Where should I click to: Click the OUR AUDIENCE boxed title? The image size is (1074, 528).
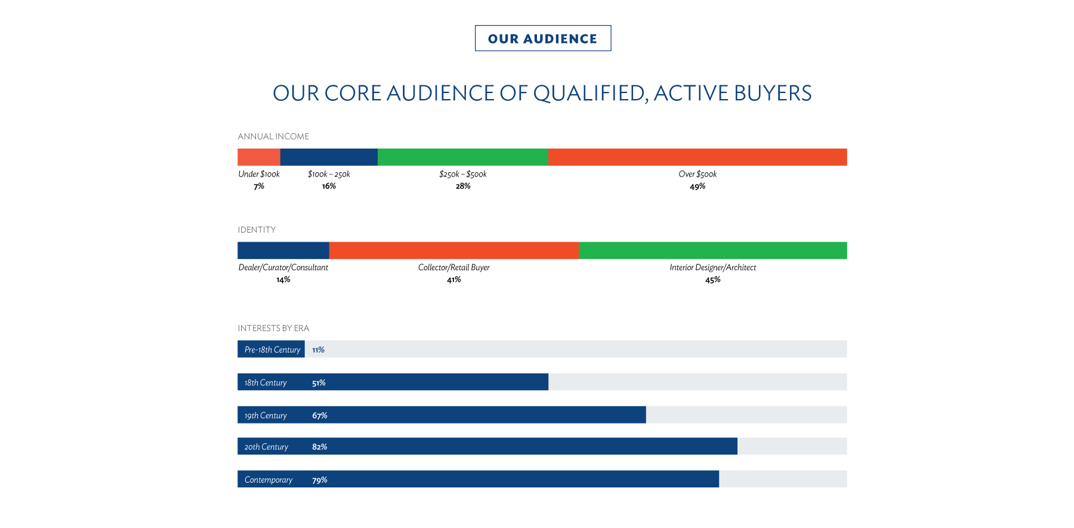pos(542,38)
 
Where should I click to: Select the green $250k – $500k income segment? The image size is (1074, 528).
pos(462,157)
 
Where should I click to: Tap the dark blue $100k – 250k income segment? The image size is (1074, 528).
pos(328,157)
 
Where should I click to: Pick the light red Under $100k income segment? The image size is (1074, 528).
pos(258,157)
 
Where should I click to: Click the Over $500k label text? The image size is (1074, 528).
pos(698,174)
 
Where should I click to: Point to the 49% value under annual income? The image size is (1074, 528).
pos(698,186)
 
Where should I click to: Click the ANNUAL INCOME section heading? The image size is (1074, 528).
pos(273,137)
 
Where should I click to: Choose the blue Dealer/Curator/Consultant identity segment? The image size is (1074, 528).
pos(283,251)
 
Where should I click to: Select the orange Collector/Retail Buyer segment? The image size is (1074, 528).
pos(453,251)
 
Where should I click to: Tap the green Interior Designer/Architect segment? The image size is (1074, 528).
pos(712,251)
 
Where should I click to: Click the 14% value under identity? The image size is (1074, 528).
pos(283,280)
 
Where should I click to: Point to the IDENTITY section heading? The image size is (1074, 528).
pos(257,230)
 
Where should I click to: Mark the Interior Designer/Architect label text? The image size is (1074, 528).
pos(712,267)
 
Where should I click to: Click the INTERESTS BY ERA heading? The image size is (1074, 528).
pos(273,328)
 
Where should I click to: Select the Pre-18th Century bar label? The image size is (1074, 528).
pos(272,350)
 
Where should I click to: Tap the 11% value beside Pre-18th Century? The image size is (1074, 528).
pos(318,350)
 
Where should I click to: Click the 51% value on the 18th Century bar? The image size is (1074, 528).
pos(319,382)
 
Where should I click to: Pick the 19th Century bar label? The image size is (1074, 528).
pos(266,415)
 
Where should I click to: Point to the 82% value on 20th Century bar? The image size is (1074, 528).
pos(319,447)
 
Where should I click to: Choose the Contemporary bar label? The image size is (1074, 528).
pos(268,480)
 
